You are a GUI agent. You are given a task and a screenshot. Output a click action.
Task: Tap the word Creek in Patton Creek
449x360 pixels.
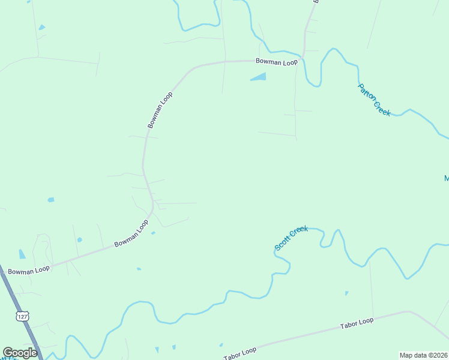[382, 109]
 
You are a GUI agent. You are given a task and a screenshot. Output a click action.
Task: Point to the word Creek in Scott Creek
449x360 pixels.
[299, 230]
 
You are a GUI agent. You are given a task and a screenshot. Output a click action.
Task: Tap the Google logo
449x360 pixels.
[20, 353]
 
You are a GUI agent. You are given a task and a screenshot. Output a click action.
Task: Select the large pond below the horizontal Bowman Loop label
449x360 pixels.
[259, 77]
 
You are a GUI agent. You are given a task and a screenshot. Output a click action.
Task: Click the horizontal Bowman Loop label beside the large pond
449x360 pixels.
[276, 62]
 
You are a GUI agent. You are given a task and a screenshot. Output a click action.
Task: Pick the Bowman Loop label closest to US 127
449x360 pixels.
[28, 270]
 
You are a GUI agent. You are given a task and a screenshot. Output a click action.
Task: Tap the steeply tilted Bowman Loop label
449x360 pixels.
[160, 110]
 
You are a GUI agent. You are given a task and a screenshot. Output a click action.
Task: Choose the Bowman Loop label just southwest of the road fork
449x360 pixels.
[131, 234]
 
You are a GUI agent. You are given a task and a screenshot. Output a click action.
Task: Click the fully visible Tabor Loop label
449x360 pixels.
[357, 323]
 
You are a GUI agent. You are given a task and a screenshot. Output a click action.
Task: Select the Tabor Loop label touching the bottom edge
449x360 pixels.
[240, 354]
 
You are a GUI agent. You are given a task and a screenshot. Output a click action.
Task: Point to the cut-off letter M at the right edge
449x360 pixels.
[446, 178]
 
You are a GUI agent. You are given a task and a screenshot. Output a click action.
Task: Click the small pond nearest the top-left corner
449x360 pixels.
[41, 27]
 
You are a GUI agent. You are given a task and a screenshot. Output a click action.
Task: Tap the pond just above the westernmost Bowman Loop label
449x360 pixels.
[22, 254]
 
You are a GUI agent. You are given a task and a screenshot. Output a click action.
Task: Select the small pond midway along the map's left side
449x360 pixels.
[51, 200]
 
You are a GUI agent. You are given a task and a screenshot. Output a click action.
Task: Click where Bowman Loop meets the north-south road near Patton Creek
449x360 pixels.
[303, 59]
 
